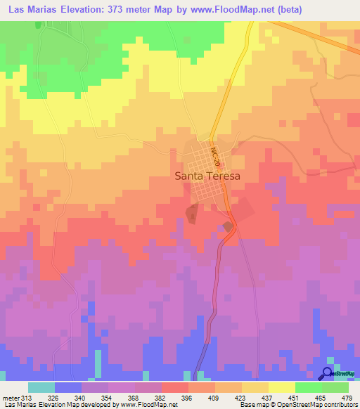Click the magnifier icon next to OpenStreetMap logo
pyautogui.click(x=328, y=373)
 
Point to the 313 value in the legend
pyautogui.click(x=27, y=397)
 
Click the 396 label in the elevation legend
pyautogui.click(x=187, y=397)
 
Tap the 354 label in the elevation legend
pyautogui.click(x=107, y=397)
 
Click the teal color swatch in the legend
pyautogui.click(x=41, y=387)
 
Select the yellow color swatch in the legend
pyautogui.click(x=281, y=387)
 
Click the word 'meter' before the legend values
pyautogui.click(x=11, y=397)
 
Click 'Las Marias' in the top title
pyautogui.click(x=34, y=11)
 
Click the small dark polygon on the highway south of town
pyautogui.click(x=228, y=226)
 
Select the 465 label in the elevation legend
pyautogui.click(x=321, y=397)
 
